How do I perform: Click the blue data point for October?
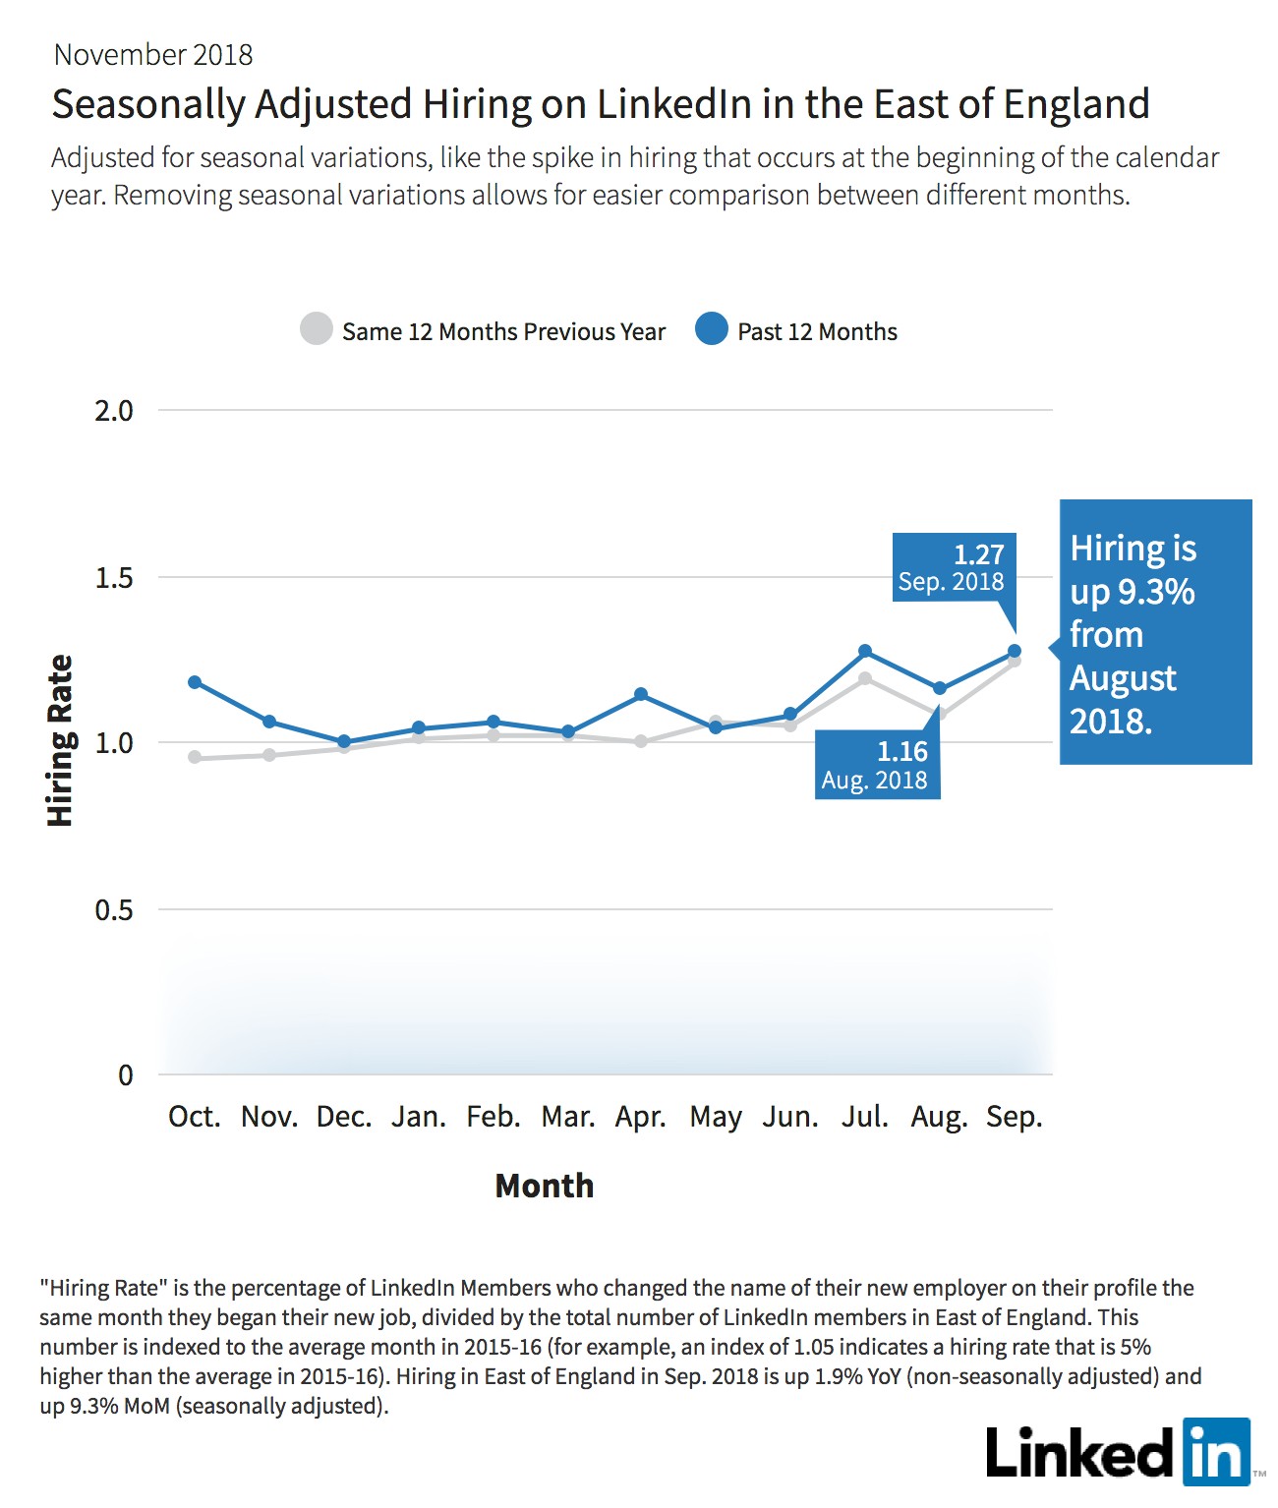(x=195, y=682)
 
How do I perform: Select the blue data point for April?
(x=641, y=694)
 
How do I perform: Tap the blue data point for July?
(x=865, y=651)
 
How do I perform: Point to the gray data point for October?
(x=195, y=757)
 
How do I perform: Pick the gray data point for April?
(x=641, y=741)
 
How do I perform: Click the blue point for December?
(x=344, y=741)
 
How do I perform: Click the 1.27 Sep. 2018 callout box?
(x=954, y=567)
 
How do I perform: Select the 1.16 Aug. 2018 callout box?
(x=877, y=765)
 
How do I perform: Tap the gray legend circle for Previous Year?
(x=317, y=329)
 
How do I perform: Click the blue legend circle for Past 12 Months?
(x=711, y=329)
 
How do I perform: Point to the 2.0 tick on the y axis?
(x=114, y=411)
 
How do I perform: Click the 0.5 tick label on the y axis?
(x=114, y=909)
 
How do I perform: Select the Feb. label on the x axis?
(x=494, y=1116)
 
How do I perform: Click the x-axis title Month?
(x=545, y=1186)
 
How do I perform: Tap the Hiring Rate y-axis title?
(x=60, y=740)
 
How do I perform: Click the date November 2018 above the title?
(x=153, y=55)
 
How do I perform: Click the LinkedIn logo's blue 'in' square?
(x=1216, y=1452)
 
